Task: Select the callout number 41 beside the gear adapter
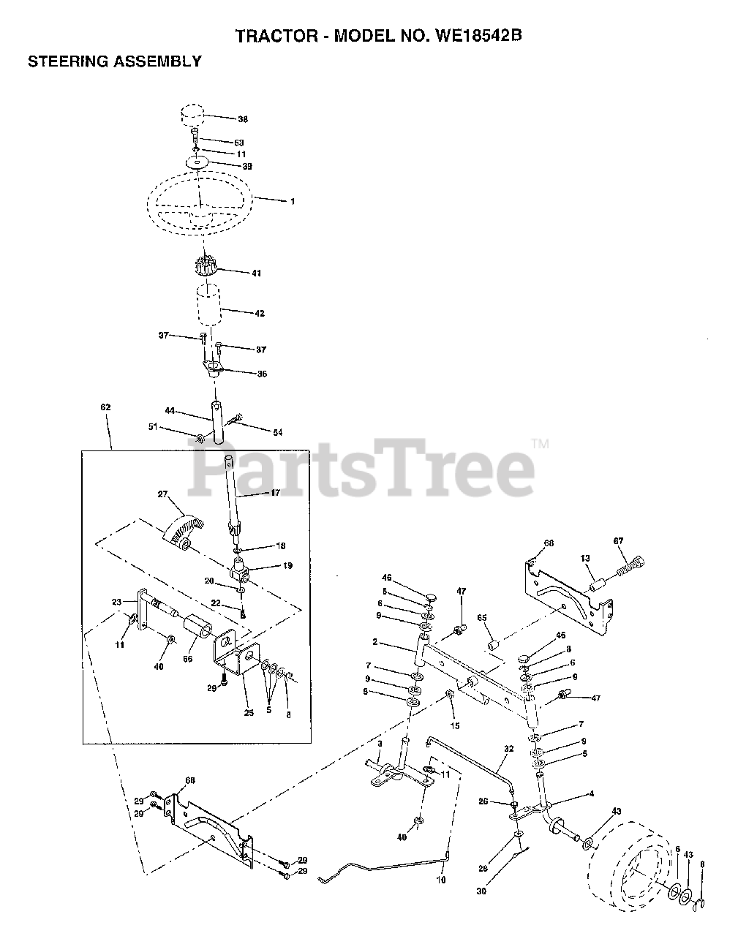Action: point(256,273)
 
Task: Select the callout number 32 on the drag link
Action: point(509,750)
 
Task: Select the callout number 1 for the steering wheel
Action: point(292,200)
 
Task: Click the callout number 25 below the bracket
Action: point(249,712)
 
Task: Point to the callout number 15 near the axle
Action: point(454,725)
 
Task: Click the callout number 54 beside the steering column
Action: point(277,433)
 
